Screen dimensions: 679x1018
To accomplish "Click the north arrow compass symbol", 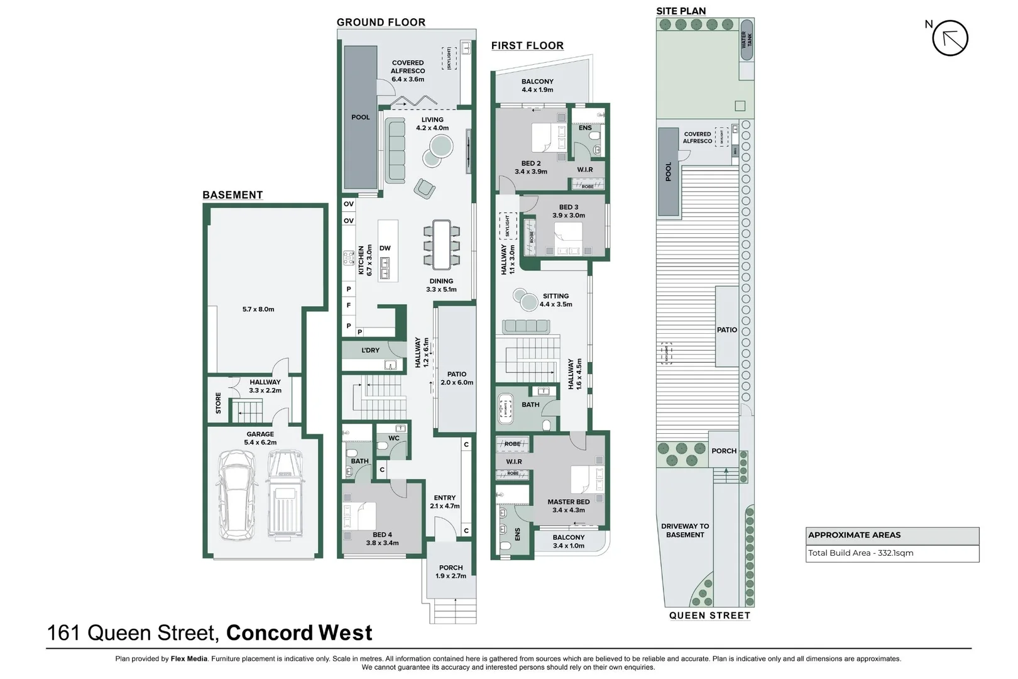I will point(950,38).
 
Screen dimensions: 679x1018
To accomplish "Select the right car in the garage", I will point(284,495).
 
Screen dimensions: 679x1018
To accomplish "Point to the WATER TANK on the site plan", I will point(747,40).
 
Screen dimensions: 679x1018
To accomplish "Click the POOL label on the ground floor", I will point(361,118).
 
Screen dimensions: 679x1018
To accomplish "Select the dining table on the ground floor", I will point(441,243).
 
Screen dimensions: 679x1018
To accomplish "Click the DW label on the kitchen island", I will point(385,248).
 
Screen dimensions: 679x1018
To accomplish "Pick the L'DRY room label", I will point(370,350).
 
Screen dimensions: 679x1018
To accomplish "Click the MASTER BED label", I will point(568,502).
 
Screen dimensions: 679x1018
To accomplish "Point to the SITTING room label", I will point(556,296).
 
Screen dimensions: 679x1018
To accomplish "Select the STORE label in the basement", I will point(219,403).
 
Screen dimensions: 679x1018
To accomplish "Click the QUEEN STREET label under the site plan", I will point(709,616).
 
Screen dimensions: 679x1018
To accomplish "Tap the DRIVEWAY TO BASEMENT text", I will point(685,531).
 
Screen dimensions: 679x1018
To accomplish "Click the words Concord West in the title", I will point(299,632).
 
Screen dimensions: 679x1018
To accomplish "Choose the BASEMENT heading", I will point(233,195).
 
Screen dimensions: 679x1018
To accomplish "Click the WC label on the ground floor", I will point(394,438).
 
